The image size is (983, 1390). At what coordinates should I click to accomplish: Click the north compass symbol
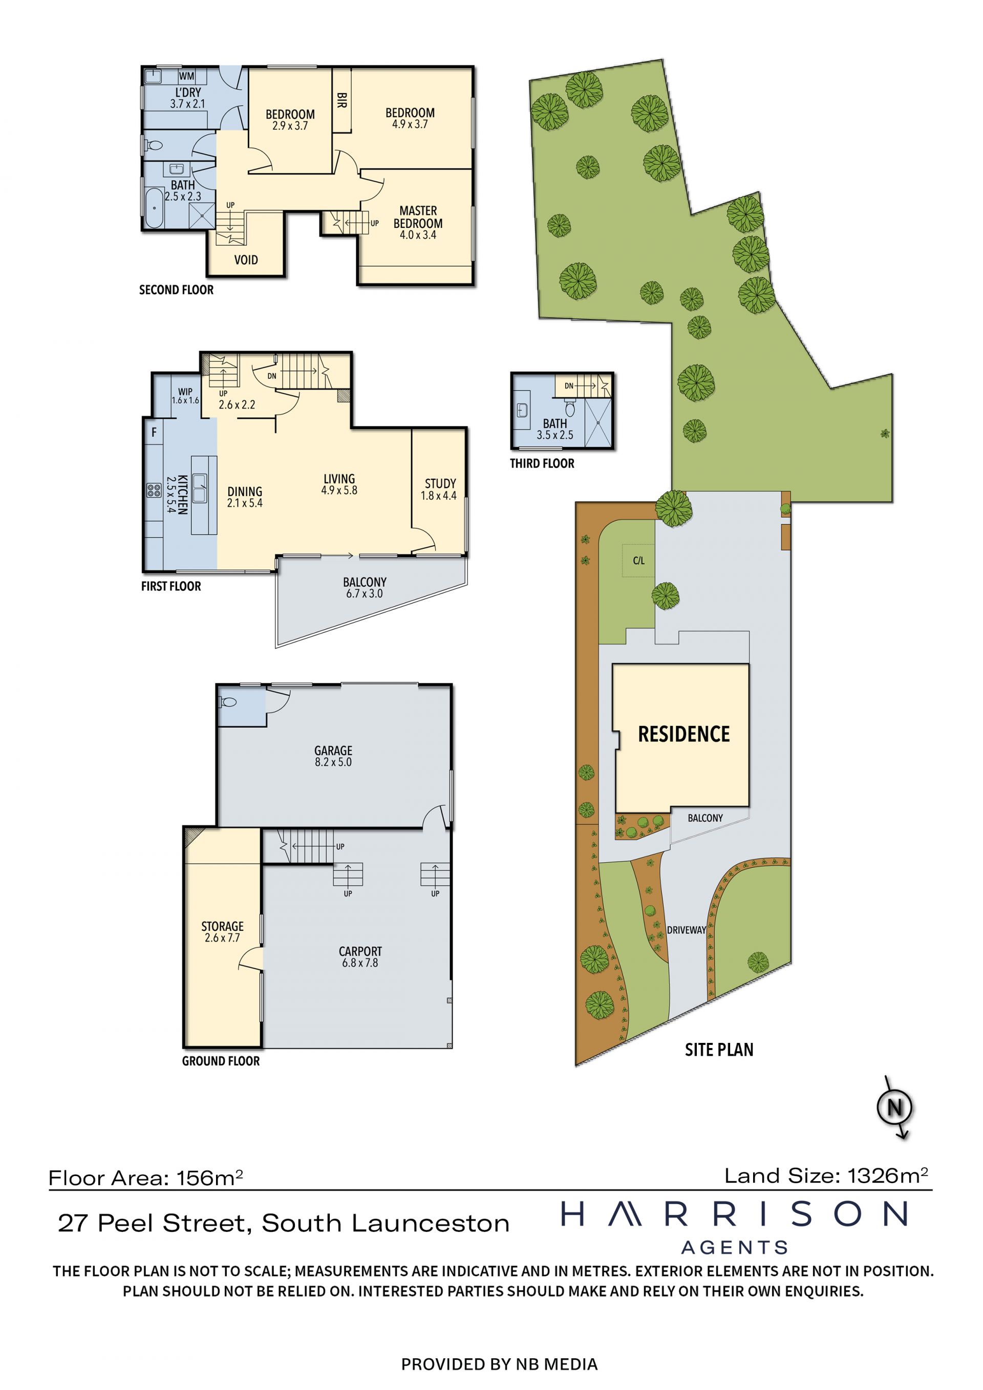point(894,1107)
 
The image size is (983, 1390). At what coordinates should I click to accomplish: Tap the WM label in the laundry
point(186,76)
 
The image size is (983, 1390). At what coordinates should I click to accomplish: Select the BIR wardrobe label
point(341,100)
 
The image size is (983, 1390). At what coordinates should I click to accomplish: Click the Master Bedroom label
point(418,222)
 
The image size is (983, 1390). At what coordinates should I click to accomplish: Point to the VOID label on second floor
point(246,260)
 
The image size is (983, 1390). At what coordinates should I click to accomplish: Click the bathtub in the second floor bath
point(154,208)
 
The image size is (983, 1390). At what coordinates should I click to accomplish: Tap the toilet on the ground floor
point(228,703)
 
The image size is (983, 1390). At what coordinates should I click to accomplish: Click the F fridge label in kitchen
point(154,432)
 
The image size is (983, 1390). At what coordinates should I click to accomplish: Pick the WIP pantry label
point(185,396)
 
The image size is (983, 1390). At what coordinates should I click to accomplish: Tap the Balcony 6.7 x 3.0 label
point(365,588)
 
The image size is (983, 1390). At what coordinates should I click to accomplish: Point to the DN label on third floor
point(569,386)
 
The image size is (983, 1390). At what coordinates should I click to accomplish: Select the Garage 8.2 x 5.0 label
point(333,756)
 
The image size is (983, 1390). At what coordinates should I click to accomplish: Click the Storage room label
point(222,932)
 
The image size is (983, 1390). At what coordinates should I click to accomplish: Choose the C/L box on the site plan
point(638,561)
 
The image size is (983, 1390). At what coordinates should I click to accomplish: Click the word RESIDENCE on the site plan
point(684,734)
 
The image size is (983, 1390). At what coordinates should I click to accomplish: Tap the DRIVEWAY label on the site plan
point(687,930)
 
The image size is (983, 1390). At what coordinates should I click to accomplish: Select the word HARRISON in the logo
point(734,1214)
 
